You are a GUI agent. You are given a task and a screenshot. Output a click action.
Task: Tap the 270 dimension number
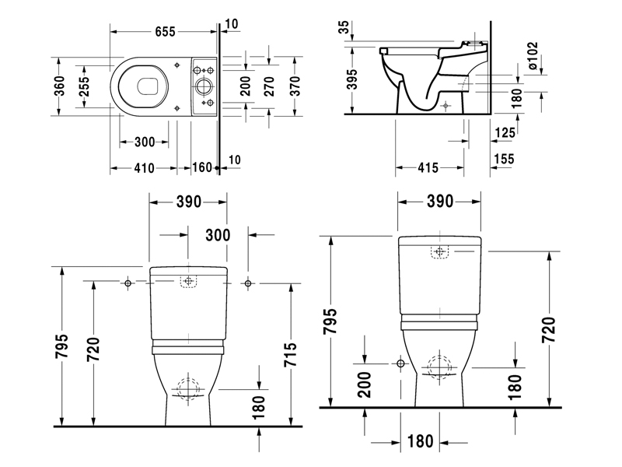[x=269, y=87]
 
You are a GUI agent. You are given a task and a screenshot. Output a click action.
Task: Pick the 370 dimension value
[x=296, y=87]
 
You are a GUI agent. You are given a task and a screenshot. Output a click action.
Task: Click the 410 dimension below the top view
[x=144, y=167]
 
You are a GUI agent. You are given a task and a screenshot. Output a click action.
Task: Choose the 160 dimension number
[x=201, y=167]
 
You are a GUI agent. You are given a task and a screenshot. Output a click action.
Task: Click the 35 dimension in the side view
[x=344, y=29]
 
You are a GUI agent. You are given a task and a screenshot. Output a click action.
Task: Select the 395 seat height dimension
[x=351, y=81]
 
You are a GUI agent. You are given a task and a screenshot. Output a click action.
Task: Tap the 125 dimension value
[x=505, y=133]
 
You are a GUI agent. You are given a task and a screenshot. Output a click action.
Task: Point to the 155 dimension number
[x=505, y=159]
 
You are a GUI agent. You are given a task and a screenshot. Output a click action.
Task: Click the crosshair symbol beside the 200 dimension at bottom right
[x=400, y=363]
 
